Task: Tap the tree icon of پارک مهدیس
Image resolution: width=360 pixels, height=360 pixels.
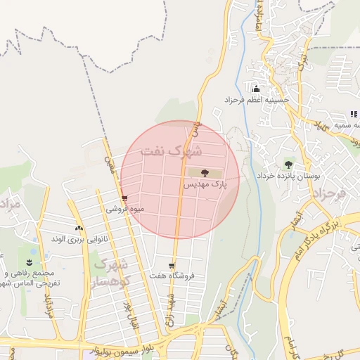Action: (x=204, y=173)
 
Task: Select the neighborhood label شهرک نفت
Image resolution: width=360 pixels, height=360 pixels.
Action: (x=171, y=150)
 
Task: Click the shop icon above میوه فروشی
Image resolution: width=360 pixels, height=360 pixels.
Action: (x=124, y=199)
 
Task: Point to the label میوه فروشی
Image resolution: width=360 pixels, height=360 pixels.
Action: (x=124, y=209)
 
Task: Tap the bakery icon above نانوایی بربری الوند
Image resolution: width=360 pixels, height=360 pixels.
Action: (x=79, y=228)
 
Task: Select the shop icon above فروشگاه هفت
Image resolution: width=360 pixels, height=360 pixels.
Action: (x=172, y=266)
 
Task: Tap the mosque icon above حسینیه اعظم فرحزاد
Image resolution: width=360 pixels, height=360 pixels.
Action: (x=255, y=89)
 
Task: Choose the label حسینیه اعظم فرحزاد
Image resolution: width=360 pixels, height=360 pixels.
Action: (x=252, y=101)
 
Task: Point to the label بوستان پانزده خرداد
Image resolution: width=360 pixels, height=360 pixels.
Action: (x=288, y=174)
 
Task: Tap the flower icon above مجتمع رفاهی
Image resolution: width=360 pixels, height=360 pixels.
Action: (x=30, y=262)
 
